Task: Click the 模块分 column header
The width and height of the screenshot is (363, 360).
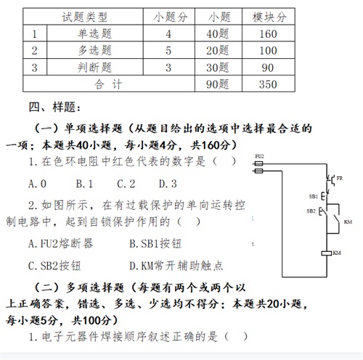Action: [x=269, y=17]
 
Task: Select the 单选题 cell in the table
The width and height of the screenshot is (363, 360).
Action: [x=94, y=33]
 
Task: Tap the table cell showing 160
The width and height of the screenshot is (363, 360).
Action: [x=268, y=34]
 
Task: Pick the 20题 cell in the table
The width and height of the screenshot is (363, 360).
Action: [x=217, y=51]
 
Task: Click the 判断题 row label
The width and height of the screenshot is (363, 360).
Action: [x=94, y=67]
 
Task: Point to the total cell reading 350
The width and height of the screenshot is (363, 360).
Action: [x=268, y=84]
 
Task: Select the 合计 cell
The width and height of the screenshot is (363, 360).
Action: [x=108, y=84]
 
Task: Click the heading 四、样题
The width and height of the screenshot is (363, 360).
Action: [x=54, y=107]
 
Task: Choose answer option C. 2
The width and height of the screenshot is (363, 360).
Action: [x=126, y=184]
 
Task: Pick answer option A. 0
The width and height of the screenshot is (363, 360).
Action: [x=37, y=184]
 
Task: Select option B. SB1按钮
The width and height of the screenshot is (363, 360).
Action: [x=155, y=244]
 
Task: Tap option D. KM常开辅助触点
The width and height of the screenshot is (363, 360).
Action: [x=176, y=266]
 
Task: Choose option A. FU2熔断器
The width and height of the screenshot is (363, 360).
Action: [x=60, y=244]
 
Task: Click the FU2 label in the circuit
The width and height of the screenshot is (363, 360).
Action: [x=259, y=157]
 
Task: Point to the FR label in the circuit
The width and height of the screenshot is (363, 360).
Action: [x=340, y=179]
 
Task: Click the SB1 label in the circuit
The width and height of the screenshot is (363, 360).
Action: [x=313, y=197]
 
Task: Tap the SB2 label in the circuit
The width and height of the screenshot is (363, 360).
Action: [x=311, y=211]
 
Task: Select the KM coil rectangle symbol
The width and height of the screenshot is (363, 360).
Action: [x=327, y=253]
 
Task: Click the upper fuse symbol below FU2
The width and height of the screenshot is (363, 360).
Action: [x=259, y=164]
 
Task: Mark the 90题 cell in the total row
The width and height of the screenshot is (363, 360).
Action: [x=217, y=84]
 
